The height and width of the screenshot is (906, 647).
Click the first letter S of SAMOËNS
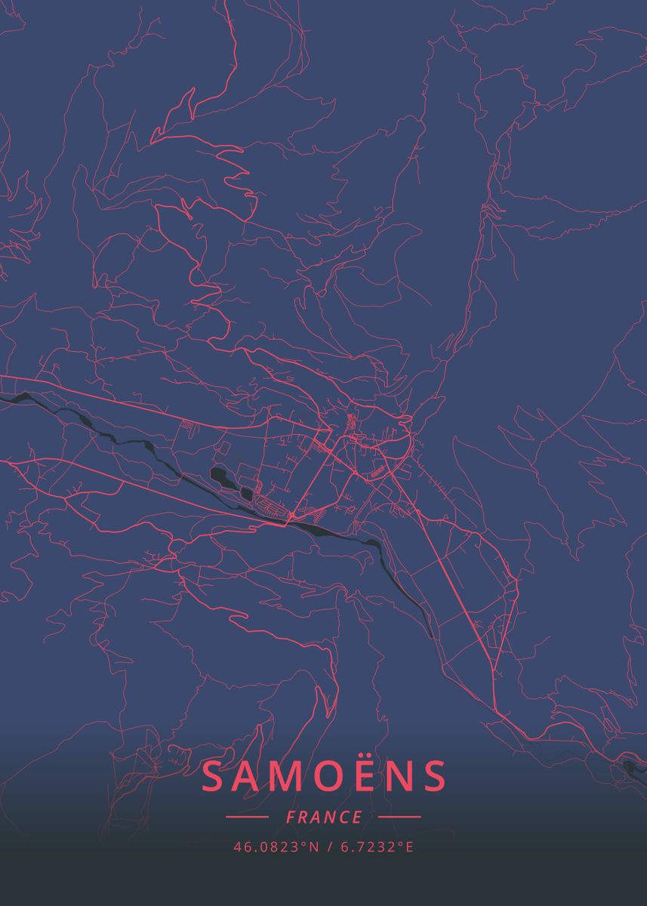pyautogui.click(x=214, y=777)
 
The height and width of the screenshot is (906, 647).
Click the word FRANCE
pyautogui.click(x=324, y=817)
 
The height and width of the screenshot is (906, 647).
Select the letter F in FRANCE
pyautogui.click(x=291, y=817)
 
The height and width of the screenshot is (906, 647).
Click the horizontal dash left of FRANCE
pyautogui.click(x=247, y=817)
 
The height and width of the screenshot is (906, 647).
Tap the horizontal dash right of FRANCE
pyautogui.click(x=399, y=817)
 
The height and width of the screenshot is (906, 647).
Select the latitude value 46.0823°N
pyautogui.click(x=276, y=847)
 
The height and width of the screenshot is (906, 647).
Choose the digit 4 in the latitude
pyautogui.click(x=237, y=847)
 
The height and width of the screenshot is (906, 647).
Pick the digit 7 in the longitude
pyautogui.click(x=358, y=847)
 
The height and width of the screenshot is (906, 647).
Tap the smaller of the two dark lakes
pyautogui.click(x=247, y=494)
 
